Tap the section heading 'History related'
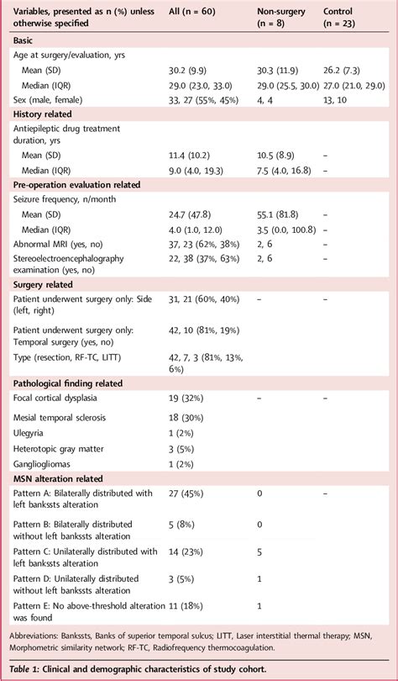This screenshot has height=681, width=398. pyautogui.click(x=43, y=113)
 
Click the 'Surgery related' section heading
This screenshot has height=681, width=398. pyautogui.click(x=41, y=284)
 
